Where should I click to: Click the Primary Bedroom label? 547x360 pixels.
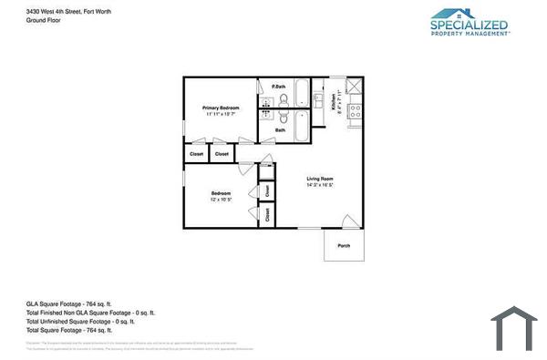[x=221, y=108]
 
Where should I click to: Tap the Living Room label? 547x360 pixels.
[x=319, y=179]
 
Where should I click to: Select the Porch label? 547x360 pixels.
[x=344, y=246]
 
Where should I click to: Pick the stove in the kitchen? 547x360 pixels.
[x=356, y=111]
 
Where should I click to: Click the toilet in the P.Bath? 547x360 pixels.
[x=283, y=99]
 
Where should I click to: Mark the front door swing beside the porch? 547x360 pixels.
[x=349, y=221]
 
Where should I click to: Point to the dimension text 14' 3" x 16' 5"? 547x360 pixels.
[x=320, y=185]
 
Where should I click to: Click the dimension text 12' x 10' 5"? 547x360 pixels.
[x=221, y=199]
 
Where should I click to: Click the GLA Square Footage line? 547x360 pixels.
[x=68, y=303]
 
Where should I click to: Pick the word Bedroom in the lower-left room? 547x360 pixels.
[x=221, y=192]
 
